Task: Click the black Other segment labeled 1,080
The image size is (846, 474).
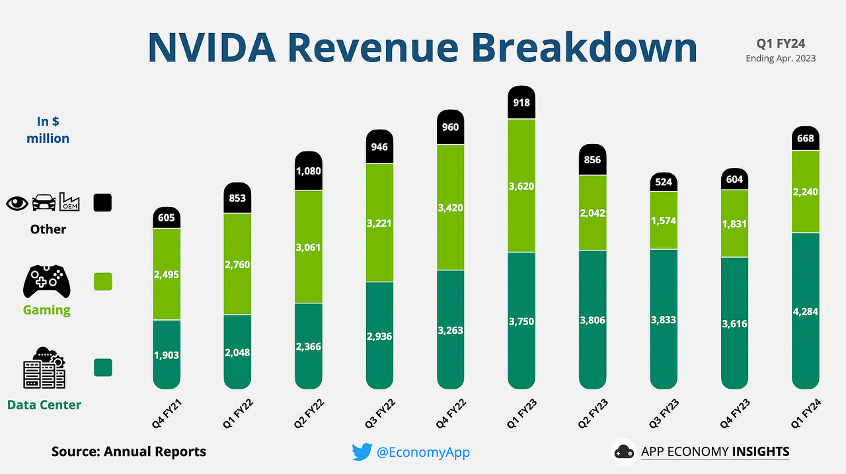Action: pyautogui.click(x=308, y=171)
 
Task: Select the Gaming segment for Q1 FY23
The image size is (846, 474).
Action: pyautogui.click(x=521, y=186)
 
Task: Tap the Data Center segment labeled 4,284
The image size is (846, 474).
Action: pyautogui.click(x=805, y=311)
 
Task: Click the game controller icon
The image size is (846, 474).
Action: pyautogui.click(x=46, y=282)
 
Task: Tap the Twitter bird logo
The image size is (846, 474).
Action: pyautogui.click(x=362, y=452)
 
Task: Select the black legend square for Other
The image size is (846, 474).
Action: pyautogui.click(x=102, y=202)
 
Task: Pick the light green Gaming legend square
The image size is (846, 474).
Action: pyautogui.click(x=102, y=282)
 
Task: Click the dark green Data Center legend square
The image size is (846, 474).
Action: pyautogui.click(x=102, y=368)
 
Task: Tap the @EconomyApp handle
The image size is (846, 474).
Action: pyautogui.click(x=423, y=452)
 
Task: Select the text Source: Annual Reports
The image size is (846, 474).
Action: pyautogui.click(x=129, y=452)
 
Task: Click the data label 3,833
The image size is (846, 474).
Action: pyautogui.click(x=663, y=319)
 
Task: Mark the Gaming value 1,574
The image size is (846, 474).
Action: pyautogui.click(x=663, y=221)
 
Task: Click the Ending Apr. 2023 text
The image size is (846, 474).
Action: pyautogui.click(x=781, y=58)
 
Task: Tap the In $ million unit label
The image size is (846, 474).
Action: pyautogui.click(x=48, y=130)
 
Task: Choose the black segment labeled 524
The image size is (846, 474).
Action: pyautogui.click(x=663, y=182)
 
